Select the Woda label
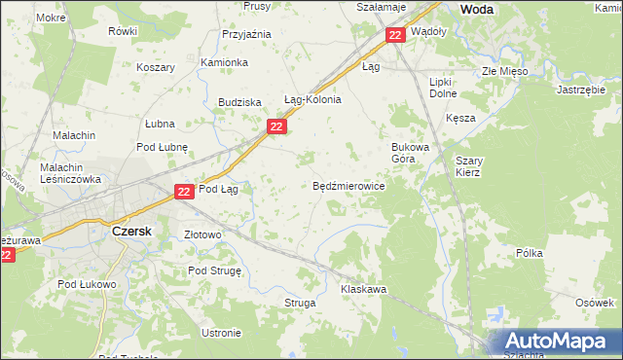tap(475, 9)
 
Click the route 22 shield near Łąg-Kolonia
tap(277, 126)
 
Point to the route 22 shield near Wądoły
tap(394, 35)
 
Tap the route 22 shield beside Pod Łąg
tap(185, 193)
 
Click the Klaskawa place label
tap(364, 290)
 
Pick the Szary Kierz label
tap(468, 166)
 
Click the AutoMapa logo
tap(555, 342)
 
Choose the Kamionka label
tap(224, 62)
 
